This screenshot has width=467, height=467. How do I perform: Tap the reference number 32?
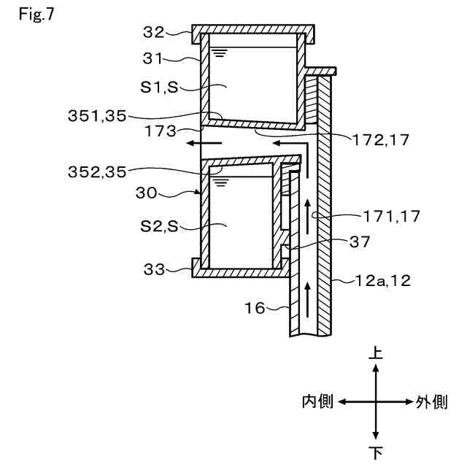click(154, 32)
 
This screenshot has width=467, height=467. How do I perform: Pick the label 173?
click(161, 131)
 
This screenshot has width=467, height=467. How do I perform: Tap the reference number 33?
click(153, 269)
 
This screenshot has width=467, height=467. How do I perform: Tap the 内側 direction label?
click(318, 401)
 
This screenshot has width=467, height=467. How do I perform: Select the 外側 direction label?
click(432, 401)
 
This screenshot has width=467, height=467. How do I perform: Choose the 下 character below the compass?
click(376, 452)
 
